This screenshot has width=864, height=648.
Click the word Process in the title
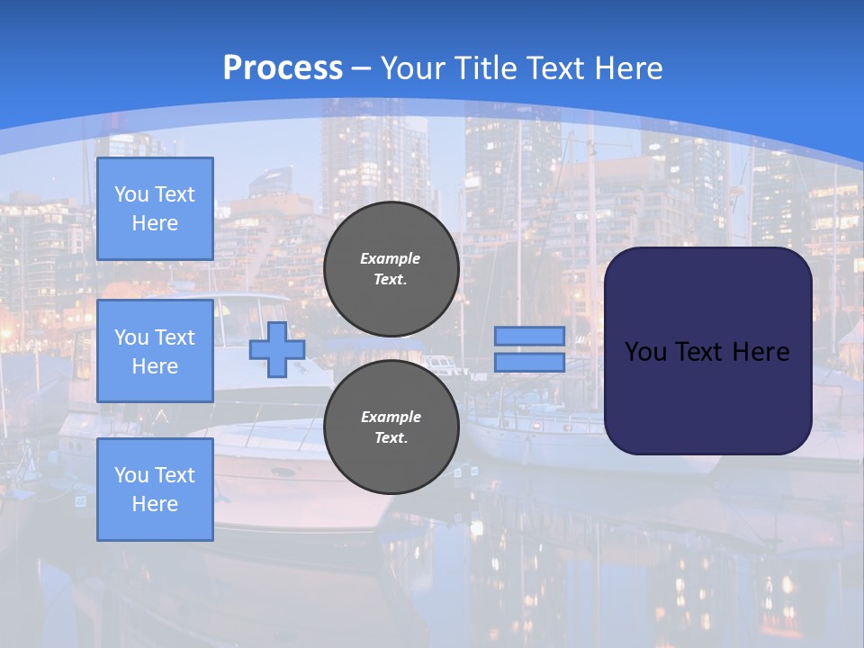click(x=283, y=68)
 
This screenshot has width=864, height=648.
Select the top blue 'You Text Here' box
click(x=155, y=209)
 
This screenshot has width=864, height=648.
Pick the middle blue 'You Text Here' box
click(x=155, y=351)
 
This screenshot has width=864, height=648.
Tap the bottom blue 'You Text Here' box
click(x=155, y=489)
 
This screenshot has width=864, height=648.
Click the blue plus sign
click(x=276, y=350)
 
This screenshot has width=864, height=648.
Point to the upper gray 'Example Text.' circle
click(x=391, y=269)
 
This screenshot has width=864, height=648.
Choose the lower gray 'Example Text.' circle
click(x=391, y=427)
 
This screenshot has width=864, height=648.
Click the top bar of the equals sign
click(x=529, y=337)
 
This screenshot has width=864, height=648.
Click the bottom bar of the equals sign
click(x=529, y=362)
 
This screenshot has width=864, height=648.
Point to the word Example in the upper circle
click(x=390, y=258)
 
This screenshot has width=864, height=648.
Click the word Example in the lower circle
click(x=390, y=417)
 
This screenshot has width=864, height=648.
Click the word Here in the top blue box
click(x=155, y=223)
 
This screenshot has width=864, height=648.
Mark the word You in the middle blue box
click(x=130, y=337)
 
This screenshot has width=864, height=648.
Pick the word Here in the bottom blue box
click(x=155, y=504)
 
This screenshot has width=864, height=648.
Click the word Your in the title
click(x=413, y=68)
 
